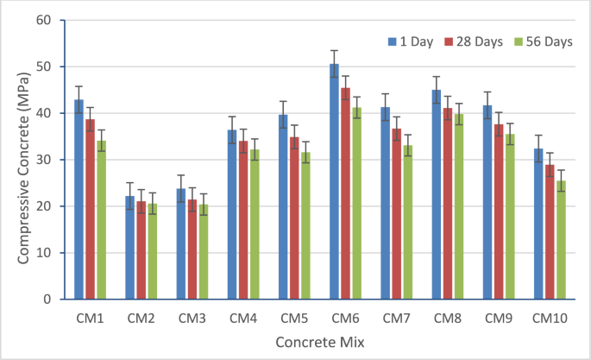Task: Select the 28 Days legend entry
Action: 474,41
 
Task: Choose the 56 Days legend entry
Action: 542,41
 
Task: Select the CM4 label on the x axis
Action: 242,319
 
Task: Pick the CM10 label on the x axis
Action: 550,319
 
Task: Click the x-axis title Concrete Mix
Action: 319,343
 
